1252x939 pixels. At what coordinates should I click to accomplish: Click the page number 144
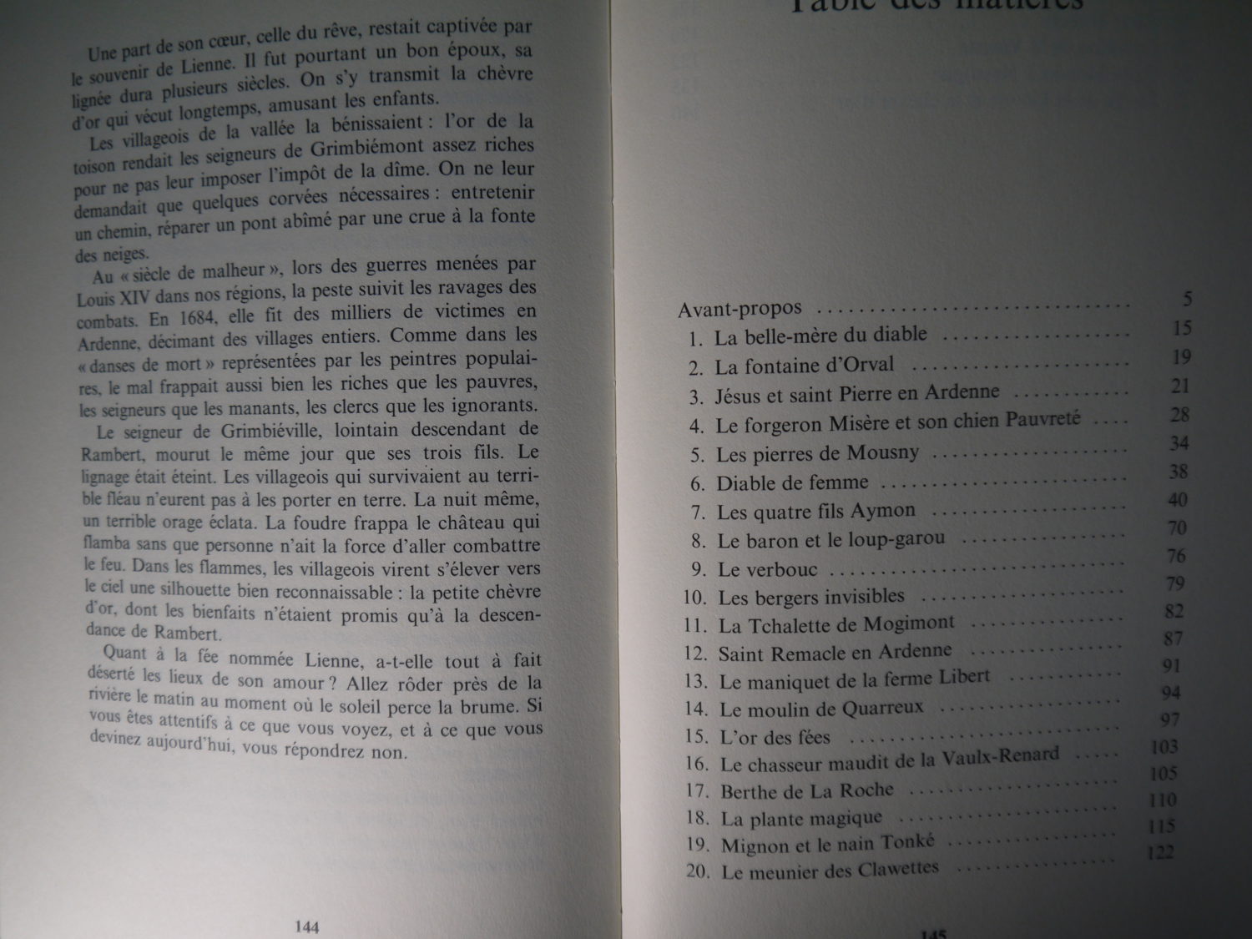click(x=307, y=926)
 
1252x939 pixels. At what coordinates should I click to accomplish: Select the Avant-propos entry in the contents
click(x=740, y=308)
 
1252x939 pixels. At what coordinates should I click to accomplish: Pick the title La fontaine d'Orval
click(x=804, y=366)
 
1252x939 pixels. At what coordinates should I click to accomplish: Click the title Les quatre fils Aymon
click(x=815, y=512)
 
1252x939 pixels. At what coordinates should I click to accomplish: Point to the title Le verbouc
click(x=767, y=571)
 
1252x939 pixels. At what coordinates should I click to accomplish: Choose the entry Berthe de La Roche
click(x=806, y=790)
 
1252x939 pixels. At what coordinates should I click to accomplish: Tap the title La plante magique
click(x=801, y=819)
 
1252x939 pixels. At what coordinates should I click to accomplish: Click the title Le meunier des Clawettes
click(x=830, y=871)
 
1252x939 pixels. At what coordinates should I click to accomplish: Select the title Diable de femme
click(x=792, y=483)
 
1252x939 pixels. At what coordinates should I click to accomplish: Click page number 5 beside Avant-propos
click(x=1187, y=299)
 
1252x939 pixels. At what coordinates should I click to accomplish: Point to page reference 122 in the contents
click(x=1160, y=852)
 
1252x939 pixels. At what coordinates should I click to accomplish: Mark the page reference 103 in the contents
click(x=1164, y=746)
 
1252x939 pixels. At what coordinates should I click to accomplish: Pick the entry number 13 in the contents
click(x=696, y=682)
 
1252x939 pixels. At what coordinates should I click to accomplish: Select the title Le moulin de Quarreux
click(x=821, y=709)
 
